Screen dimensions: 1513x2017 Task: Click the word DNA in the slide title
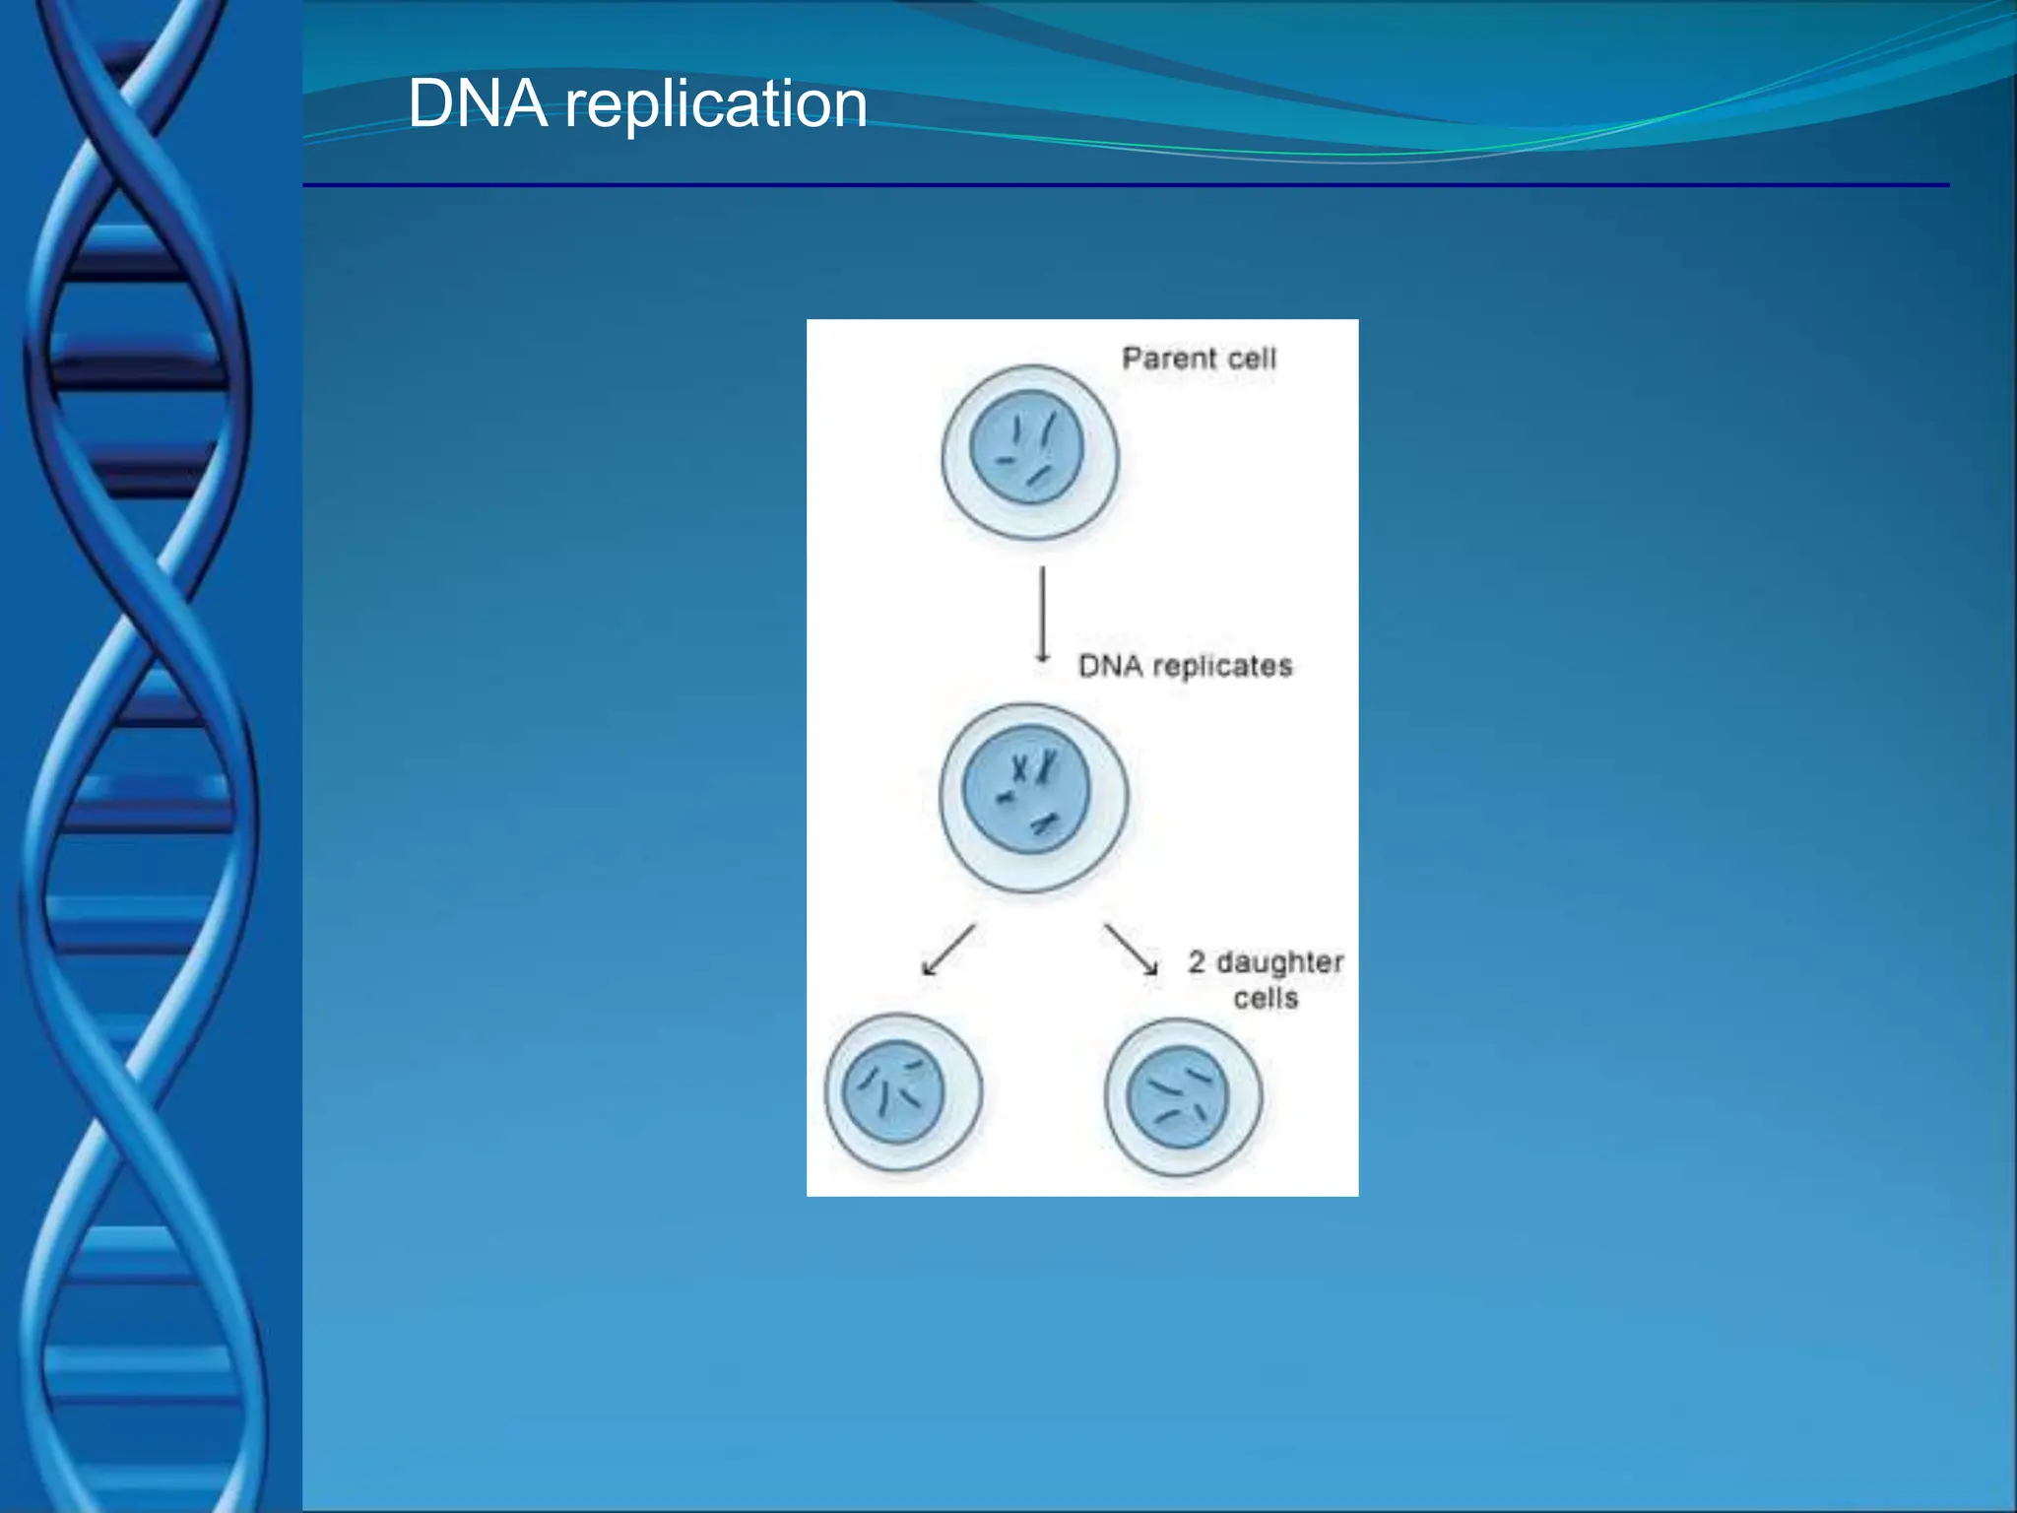(478, 103)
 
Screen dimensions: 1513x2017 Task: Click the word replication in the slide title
(716, 105)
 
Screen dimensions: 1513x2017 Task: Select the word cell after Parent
(1251, 358)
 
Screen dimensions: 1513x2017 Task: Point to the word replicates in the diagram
(1221, 667)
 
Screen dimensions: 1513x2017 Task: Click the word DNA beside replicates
(1110, 666)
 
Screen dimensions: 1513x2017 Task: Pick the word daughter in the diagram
(1279, 962)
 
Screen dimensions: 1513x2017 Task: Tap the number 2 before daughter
(1197, 961)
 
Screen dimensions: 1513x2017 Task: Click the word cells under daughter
(1266, 999)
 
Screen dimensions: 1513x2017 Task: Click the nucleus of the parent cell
(1026, 447)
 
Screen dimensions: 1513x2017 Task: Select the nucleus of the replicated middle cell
(1026, 789)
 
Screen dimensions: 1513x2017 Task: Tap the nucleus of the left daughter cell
(893, 1091)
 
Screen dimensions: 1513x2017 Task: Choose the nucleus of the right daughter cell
(1177, 1096)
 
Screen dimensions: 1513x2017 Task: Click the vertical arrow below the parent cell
(1042, 613)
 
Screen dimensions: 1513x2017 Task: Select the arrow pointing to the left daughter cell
(947, 950)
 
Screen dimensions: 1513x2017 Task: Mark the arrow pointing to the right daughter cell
(1131, 950)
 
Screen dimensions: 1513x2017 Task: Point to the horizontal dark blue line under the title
(1123, 185)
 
